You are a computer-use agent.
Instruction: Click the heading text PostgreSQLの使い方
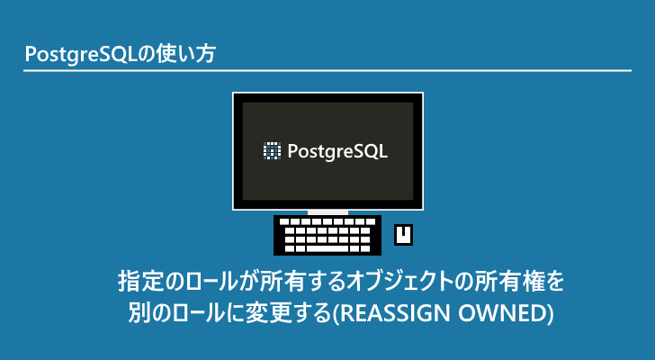120,55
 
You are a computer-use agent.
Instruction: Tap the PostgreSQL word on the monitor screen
337,151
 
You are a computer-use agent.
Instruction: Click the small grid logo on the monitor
272,151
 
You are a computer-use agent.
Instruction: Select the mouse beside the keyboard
403,235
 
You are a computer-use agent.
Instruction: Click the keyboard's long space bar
327,248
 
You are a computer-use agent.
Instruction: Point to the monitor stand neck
327,212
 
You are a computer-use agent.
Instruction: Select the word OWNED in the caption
502,313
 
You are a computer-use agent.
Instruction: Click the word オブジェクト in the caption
399,282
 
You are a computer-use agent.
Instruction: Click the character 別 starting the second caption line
139,313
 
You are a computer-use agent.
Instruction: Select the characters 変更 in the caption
266,313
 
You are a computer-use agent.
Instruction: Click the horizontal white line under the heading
327,71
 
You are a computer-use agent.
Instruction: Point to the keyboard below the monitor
327,235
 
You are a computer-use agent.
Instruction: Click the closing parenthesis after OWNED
551,313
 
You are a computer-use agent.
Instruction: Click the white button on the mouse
403,231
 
